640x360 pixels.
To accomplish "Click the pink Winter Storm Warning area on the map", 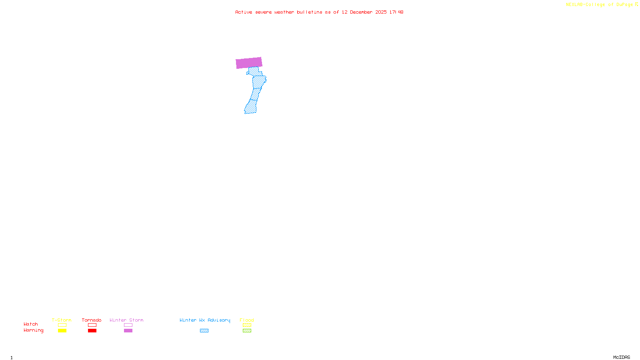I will [249, 63].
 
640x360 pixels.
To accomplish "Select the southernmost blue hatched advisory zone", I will [250, 107].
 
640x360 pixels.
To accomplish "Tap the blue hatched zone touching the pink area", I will [254, 71].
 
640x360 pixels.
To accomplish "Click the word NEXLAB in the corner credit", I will [574, 5].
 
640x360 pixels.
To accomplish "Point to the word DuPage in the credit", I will [624, 5].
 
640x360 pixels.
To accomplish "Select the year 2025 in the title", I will [381, 12].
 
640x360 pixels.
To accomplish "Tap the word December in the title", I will [361, 12].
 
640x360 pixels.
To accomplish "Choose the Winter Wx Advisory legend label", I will [205, 320].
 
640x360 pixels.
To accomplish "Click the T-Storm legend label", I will [62, 320].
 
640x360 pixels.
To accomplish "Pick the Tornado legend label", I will [92, 320].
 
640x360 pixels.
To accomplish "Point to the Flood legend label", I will [247, 320].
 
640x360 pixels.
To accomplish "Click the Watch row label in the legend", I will [31, 324].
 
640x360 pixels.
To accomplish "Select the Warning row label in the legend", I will [34, 330].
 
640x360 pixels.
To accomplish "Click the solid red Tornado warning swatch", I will [92, 331].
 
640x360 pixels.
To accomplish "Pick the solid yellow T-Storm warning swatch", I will [62, 331].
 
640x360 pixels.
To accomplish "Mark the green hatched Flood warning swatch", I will [247, 331].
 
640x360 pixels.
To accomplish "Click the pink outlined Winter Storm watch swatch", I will [128, 325].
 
